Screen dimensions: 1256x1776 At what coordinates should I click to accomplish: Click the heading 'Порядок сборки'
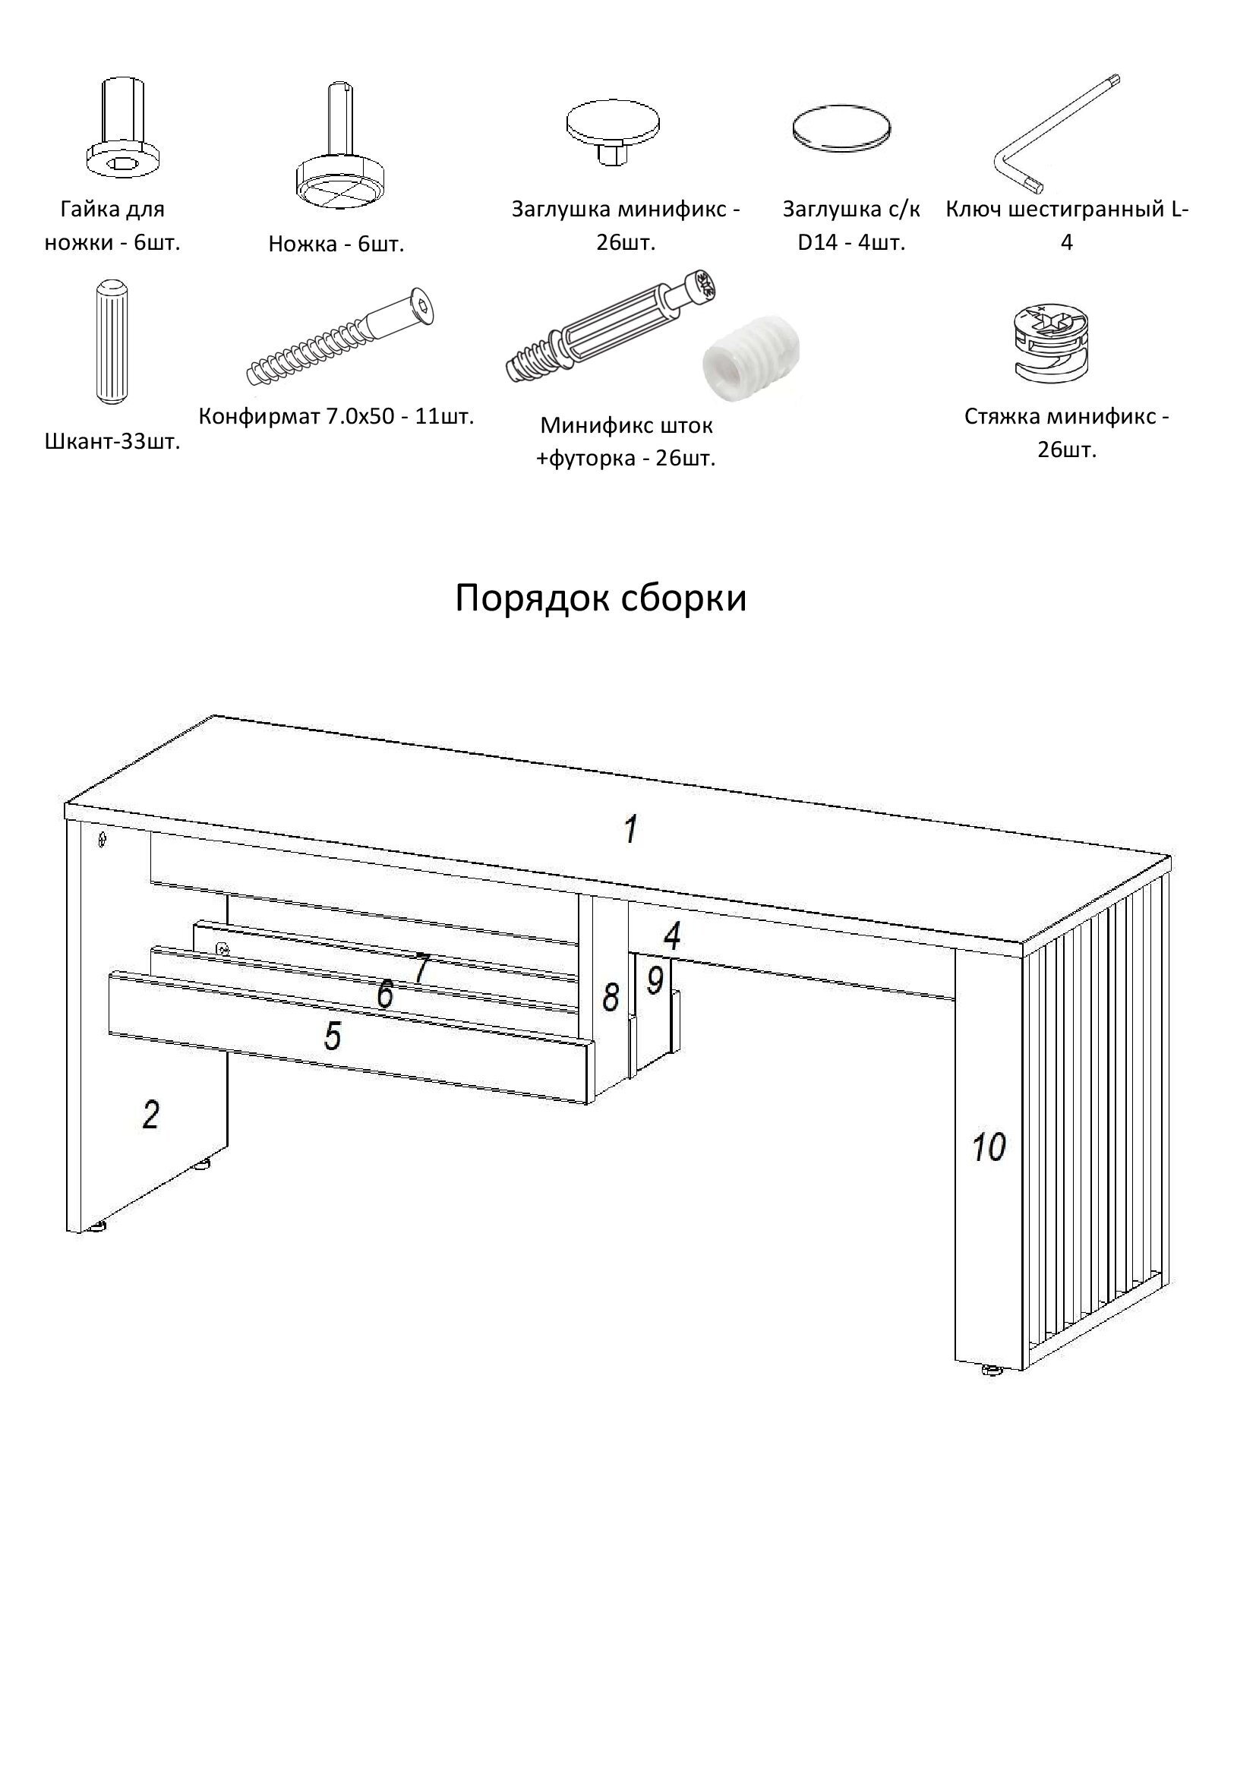[600, 598]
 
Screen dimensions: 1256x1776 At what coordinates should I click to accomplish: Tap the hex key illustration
[1056, 132]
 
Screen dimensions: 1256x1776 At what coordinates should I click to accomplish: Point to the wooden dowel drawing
[112, 342]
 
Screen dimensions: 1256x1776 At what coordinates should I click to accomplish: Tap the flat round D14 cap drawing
[841, 127]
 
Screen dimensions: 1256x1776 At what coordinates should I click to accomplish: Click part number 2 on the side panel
[151, 1115]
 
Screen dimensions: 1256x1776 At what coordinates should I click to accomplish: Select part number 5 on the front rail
[333, 1036]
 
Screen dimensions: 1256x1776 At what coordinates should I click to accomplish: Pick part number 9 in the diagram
[655, 980]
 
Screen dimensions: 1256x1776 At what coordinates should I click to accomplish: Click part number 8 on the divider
[611, 996]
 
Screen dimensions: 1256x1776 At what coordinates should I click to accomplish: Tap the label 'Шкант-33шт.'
[112, 443]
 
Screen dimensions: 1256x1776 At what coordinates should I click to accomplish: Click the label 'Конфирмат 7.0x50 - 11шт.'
[336, 416]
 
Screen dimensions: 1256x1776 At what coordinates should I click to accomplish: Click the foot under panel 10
[992, 1370]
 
